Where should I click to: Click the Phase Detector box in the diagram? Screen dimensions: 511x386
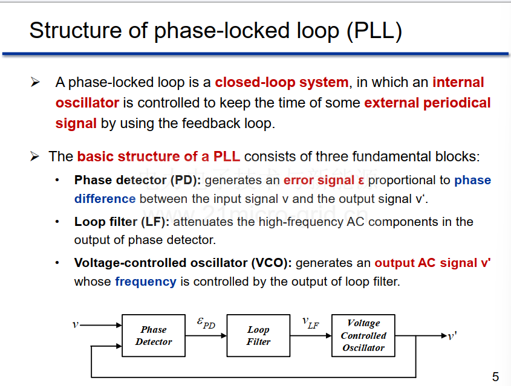click(154, 335)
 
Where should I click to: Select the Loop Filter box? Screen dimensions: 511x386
click(258, 335)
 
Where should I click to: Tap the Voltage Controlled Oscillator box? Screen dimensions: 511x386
click(363, 335)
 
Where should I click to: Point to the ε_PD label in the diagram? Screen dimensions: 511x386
click(206, 323)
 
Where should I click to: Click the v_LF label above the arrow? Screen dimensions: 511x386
click(311, 323)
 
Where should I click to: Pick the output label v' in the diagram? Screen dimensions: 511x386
click(452, 335)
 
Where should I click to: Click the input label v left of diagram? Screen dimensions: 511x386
click(76, 324)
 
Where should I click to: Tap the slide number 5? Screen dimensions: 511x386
click(495, 376)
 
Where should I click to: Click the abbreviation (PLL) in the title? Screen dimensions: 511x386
click(374, 31)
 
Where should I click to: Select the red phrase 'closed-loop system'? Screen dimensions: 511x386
click(282, 82)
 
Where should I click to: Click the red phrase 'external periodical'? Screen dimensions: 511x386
click(428, 103)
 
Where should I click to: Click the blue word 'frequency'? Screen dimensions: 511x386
click(146, 281)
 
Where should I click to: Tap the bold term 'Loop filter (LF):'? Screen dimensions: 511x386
click(122, 222)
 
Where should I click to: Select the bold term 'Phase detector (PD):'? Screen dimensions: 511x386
click(138, 180)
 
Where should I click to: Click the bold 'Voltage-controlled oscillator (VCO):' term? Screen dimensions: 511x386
click(183, 263)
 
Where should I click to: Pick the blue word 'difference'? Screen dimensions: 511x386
click(105, 199)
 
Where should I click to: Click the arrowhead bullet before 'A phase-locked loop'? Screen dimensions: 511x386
click(35, 82)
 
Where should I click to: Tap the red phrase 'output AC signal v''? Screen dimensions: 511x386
click(432, 263)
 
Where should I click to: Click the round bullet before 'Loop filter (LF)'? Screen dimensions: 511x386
click(57, 222)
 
